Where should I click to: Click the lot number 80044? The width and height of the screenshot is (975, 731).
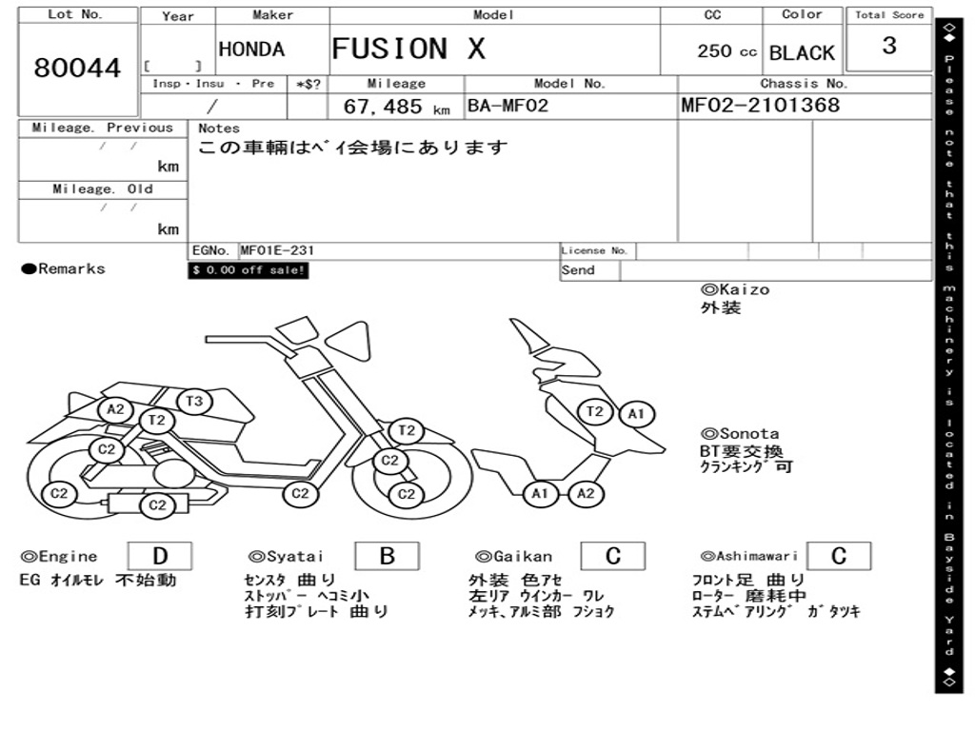[x=78, y=69]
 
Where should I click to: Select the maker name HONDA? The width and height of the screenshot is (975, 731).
[x=251, y=49]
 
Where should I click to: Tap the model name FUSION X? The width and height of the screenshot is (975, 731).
[x=408, y=49]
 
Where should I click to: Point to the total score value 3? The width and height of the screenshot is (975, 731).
[x=888, y=46]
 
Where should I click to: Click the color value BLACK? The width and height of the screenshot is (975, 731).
[x=802, y=53]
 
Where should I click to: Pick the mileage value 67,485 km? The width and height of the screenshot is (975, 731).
[x=396, y=107]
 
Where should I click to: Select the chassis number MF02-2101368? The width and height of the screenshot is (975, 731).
[x=761, y=106]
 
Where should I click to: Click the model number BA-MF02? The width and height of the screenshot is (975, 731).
[x=507, y=106]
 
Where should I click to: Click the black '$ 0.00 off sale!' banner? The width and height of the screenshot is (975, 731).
[x=249, y=271]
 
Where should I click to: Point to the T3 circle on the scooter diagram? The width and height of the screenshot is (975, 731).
[x=194, y=402]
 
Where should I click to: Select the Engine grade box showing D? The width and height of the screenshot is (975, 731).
[x=159, y=556]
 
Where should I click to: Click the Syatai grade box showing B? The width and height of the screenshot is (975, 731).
[x=387, y=556]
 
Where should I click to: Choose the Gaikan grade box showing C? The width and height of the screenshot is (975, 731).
[x=612, y=556]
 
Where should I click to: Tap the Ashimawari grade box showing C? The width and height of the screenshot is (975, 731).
[x=838, y=556]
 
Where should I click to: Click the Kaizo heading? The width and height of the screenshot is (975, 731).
[x=735, y=289]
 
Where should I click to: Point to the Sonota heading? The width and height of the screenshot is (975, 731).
[x=740, y=434]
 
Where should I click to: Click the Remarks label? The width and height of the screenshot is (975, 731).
[x=64, y=269]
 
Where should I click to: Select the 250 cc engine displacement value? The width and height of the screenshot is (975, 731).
[x=726, y=51]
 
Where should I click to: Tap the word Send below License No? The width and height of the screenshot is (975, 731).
[x=578, y=270]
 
